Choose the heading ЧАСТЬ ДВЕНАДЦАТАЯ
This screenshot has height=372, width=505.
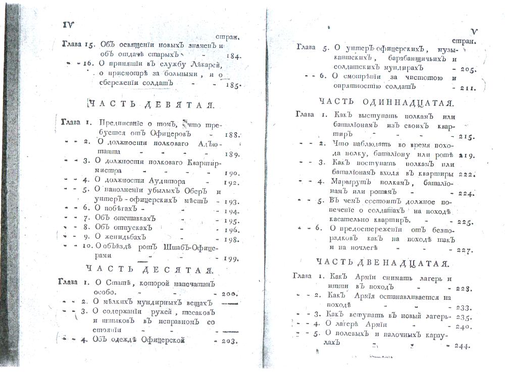(x=382, y=263)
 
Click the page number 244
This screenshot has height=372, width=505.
(x=463, y=346)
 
